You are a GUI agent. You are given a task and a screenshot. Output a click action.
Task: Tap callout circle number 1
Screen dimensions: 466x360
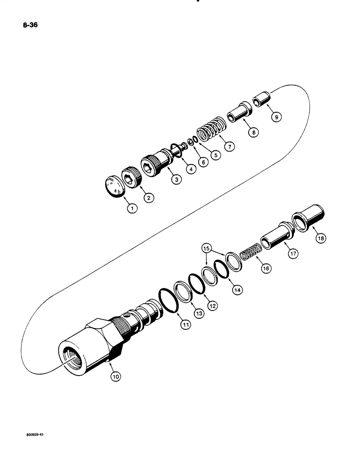(132, 209)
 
